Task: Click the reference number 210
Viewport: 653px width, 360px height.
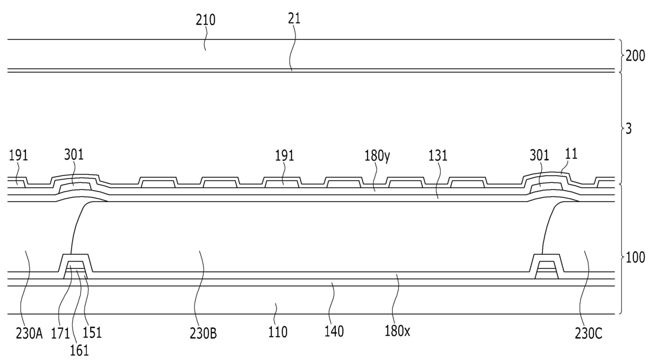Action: (x=205, y=21)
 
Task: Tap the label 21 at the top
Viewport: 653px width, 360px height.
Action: (x=294, y=19)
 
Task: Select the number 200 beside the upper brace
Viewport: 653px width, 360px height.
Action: (x=635, y=55)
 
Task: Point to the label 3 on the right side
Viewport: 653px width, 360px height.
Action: (x=629, y=128)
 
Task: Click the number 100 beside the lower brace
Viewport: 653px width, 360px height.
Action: (x=635, y=258)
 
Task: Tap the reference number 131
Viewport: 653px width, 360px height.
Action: (x=438, y=156)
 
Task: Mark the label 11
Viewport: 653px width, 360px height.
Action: (x=571, y=154)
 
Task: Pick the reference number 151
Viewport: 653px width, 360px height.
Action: (x=92, y=333)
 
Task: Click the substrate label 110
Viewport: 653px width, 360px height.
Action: (x=278, y=333)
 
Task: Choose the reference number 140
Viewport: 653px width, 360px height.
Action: (x=334, y=332)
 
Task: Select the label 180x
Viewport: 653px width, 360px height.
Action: (x=398, y=332)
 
